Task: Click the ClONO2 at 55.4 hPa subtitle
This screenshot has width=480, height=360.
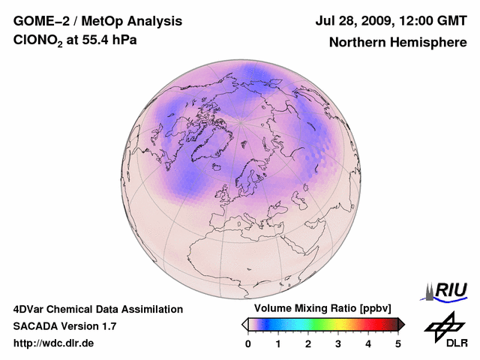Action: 75,41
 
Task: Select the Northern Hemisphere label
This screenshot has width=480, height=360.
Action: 397,43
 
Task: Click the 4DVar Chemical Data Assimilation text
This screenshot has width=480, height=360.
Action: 97,309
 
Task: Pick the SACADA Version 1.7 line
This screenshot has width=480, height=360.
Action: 64,326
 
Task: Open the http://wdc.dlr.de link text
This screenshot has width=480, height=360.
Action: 54,343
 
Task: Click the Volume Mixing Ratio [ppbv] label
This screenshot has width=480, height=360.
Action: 322,308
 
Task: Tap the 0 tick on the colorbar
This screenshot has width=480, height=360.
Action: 248,343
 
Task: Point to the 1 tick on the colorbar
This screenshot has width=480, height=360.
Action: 278,343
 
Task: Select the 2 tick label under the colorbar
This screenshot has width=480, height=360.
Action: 308,343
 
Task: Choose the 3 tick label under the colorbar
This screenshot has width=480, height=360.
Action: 338,343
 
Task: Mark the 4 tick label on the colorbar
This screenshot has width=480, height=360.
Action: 368,343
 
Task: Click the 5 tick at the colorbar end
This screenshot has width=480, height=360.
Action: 398,343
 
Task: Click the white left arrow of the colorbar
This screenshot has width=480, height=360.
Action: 244,324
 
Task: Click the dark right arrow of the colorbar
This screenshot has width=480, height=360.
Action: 402,324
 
